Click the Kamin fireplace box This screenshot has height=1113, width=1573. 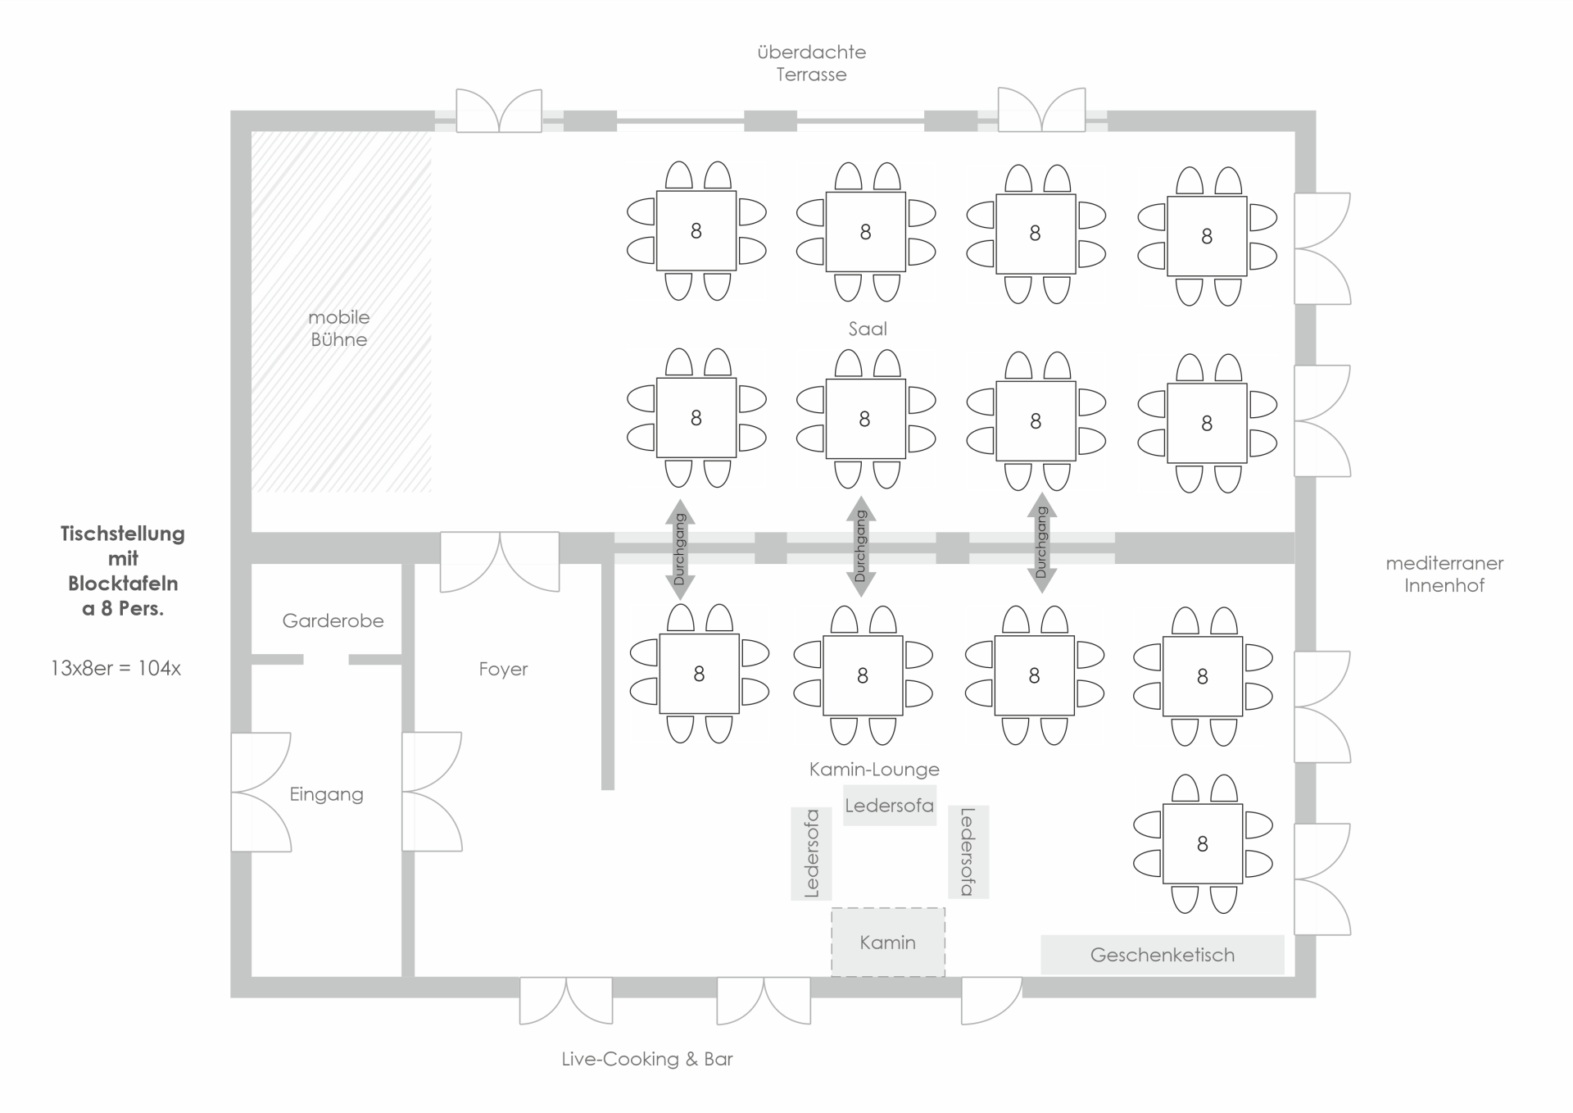(x=888, y=942)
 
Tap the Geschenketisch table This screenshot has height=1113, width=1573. (x=1163, y=955)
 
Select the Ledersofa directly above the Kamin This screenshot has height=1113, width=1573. (x=890, y=806)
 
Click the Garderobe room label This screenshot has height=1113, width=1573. (x=333, y=620)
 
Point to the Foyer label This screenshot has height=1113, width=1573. (x=503, y=669)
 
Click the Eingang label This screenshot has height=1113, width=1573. (x=326, y=794)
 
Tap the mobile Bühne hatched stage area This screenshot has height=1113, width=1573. (x=341, y=311)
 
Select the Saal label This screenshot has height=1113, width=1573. (x=868, y=329)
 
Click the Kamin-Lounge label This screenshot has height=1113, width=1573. (x=874, y=769)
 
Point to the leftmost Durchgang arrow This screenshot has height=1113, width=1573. (x=680, y=549)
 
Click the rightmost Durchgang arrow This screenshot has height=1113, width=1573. (x=1041, y=543)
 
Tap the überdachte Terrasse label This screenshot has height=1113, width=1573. (x=812, y=63)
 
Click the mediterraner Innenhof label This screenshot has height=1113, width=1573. (x=1444, y=574)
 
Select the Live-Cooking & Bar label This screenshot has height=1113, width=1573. (x=647, y=1059)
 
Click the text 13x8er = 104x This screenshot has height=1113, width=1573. (x=116, y=668)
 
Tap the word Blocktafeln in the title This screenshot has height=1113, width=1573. (x=123, y=584)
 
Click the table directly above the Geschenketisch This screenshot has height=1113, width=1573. (x=1203, y=843)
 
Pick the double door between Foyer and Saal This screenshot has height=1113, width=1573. (x=500, y=562)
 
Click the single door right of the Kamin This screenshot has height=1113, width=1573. (x=991, y=1000)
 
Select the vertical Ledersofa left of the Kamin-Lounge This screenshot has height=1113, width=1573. (x=811, y=853)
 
